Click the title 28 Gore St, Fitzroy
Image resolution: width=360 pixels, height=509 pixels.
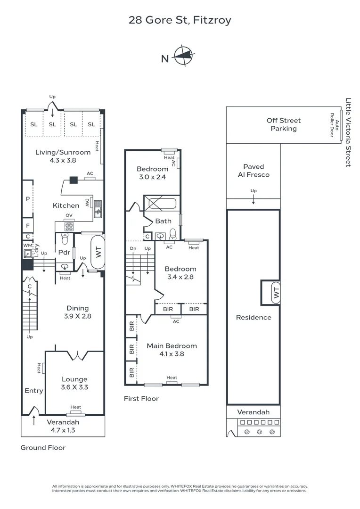180,20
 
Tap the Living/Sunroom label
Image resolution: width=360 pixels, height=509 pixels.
63,156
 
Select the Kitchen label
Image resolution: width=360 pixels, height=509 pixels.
66,205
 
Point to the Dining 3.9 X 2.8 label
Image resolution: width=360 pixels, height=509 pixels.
77,312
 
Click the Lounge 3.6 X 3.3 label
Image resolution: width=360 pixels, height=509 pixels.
74,383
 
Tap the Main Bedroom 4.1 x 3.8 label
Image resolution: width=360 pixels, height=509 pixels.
172,350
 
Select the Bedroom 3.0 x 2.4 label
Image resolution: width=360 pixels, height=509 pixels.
152,173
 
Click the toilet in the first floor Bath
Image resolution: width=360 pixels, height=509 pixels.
173,234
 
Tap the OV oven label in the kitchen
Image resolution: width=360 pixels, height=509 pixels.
69,216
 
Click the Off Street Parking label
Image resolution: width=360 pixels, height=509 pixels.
284,124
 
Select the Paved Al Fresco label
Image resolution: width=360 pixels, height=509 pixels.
254,171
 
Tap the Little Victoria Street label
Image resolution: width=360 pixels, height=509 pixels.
349,132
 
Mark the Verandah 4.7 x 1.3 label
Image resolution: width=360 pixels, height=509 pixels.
63,426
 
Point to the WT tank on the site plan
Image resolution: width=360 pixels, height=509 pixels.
276,293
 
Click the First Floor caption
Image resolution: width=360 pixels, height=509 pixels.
141,399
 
